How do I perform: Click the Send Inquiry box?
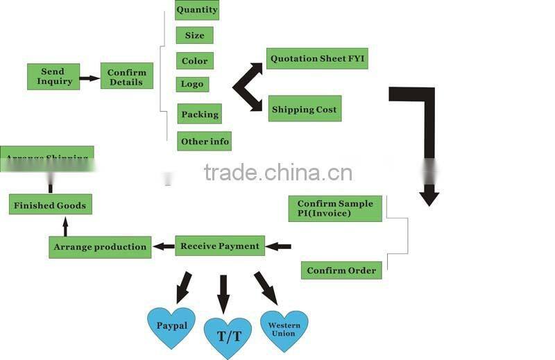tap(53, 76)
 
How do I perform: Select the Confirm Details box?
tap(126, 76)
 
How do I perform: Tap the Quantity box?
tap(197, 10)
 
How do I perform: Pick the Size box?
tap(194, 35)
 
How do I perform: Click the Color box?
tap(194, 61)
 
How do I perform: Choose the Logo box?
tap(192, 84)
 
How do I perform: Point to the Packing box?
tap(200, 114)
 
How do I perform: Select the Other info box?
tap(204, 141)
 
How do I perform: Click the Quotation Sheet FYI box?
tap(316, 58)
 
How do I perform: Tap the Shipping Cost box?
tap(305, 109)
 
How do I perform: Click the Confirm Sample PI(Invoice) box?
tap(335, 208)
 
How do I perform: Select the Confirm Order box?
tap(341, 271)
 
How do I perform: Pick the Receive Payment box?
tap(220, 246)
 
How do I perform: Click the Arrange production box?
tap(101, 247)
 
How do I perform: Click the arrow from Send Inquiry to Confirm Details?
tap(89, 78)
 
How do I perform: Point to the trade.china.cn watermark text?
tap(278, 172)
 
